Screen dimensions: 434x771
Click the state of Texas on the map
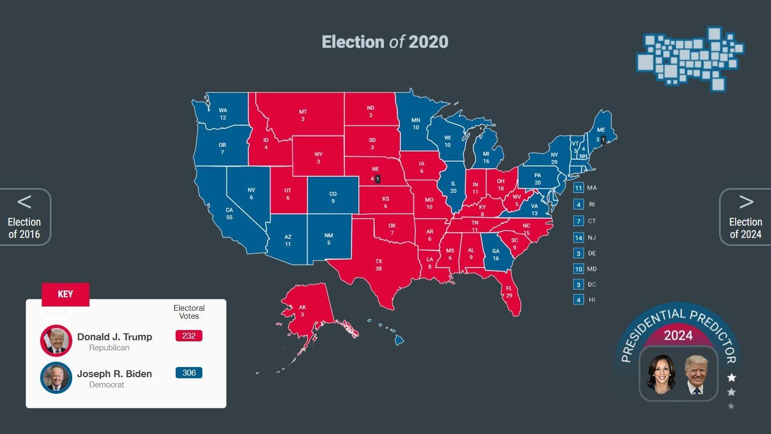(378, 265)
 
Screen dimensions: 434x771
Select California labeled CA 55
(229, 213)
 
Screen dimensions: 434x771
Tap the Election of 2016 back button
(25, 217)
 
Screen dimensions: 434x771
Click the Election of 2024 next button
(745, 217)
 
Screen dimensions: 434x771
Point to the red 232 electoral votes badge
(188, 336)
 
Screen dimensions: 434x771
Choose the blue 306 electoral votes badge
(188, 373)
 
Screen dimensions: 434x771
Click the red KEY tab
(65, 294)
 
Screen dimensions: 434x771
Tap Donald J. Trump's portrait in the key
(56, 341)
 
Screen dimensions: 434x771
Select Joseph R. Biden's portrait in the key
(56, 378)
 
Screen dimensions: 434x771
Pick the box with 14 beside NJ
(578, 237)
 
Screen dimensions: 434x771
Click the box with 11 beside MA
(578, 188)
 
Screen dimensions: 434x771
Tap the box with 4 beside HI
(578, 300)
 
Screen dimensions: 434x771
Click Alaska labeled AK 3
(303, 311)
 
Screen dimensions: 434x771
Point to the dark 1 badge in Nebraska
(378, 179)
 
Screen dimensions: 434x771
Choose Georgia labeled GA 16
(495, 254)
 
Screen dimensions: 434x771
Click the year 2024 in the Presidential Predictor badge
(678, 336)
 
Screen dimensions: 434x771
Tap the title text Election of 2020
(384, 42)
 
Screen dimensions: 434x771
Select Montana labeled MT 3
(303, 115)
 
